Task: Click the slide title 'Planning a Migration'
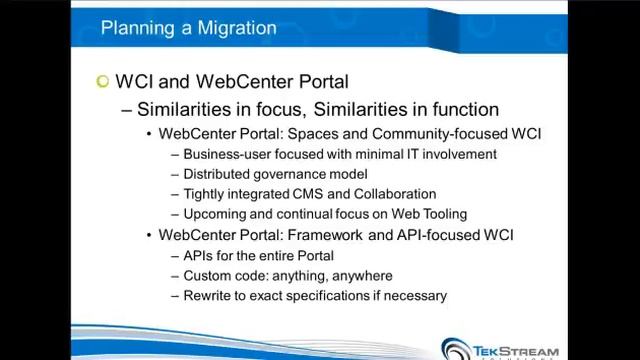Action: click(188, 28)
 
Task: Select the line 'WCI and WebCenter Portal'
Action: click(232, 81)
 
